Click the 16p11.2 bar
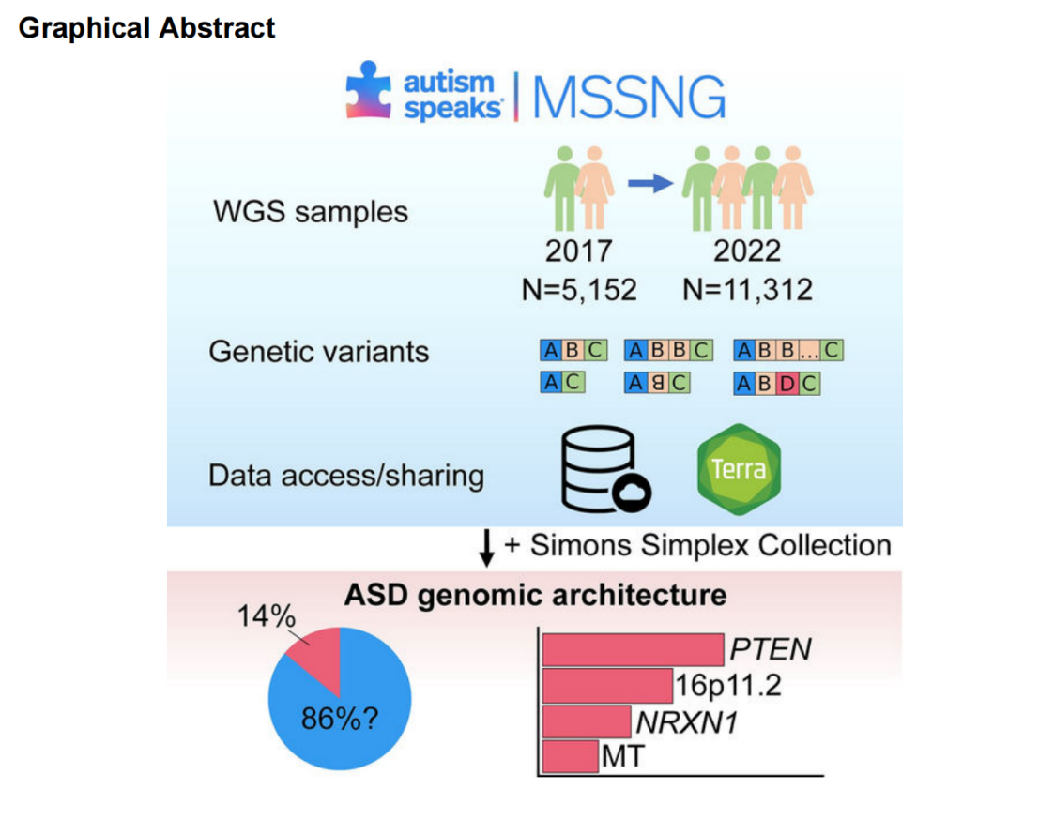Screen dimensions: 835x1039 (x=608, y=685)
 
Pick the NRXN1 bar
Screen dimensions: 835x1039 (x=587, y=721)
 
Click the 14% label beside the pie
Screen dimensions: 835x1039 (x=268, y=616)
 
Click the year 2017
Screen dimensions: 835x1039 (x=578, y=250)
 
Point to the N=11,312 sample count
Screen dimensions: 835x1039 (x=747, y=290)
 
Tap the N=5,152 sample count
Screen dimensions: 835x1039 (x=578, y=290)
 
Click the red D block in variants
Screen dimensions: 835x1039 (x=787, y=384)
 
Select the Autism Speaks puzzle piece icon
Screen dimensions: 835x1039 (x=369, y=91)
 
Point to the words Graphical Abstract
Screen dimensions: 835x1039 (x=147, y=28)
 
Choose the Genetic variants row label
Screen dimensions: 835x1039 (x=318, y=352)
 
